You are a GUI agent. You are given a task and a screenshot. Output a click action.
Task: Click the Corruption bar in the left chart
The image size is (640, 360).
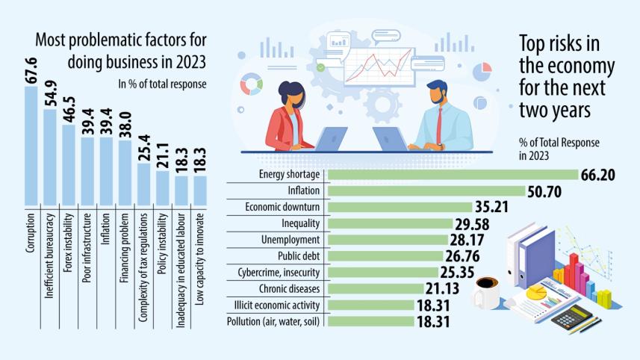pos(31,146)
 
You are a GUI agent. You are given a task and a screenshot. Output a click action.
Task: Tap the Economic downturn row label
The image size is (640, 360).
pos(282,207)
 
